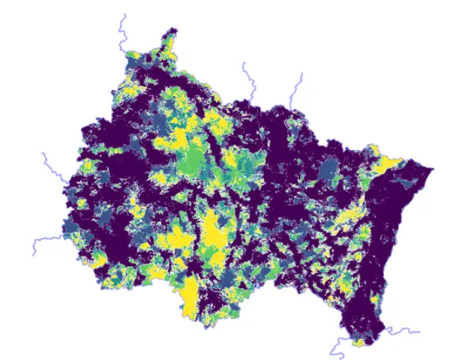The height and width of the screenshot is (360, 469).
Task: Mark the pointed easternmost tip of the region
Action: coord(431,169)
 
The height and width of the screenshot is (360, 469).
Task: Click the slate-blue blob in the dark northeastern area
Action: coord(329,172)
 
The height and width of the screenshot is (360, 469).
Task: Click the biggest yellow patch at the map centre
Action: coord(215,232)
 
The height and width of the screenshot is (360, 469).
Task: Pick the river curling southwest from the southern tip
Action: coord(338,348)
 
